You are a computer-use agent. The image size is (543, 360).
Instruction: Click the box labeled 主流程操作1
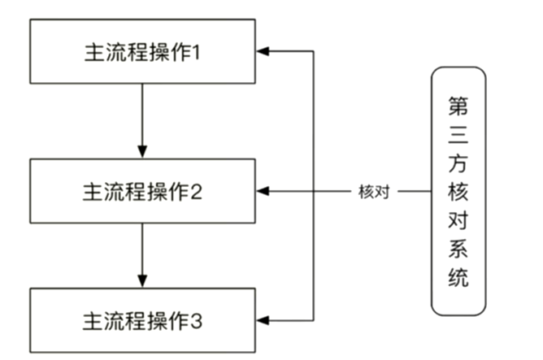pyautogui.click(x=143, y=52)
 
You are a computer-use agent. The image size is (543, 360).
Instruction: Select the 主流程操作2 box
pyautogui.click(x=143, y=192)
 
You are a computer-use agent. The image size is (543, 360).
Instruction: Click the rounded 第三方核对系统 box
pyautogui.click(x=458, y=192)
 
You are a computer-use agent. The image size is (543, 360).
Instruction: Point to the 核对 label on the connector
pyautogui.click(x=374, y=193)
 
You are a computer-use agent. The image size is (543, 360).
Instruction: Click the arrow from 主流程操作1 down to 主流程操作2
pyautogui.click(x=143, y=118)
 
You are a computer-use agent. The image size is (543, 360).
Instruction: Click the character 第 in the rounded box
pyautogui.click(x=458, y=106)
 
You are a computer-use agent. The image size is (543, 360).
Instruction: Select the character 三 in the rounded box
pyautogui.click(x=458, y=135)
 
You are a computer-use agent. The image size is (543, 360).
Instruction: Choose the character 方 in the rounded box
pyautogui.click(x=458, y=163)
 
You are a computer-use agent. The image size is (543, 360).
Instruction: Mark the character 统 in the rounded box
pyautogui.click(x=458, y=279)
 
